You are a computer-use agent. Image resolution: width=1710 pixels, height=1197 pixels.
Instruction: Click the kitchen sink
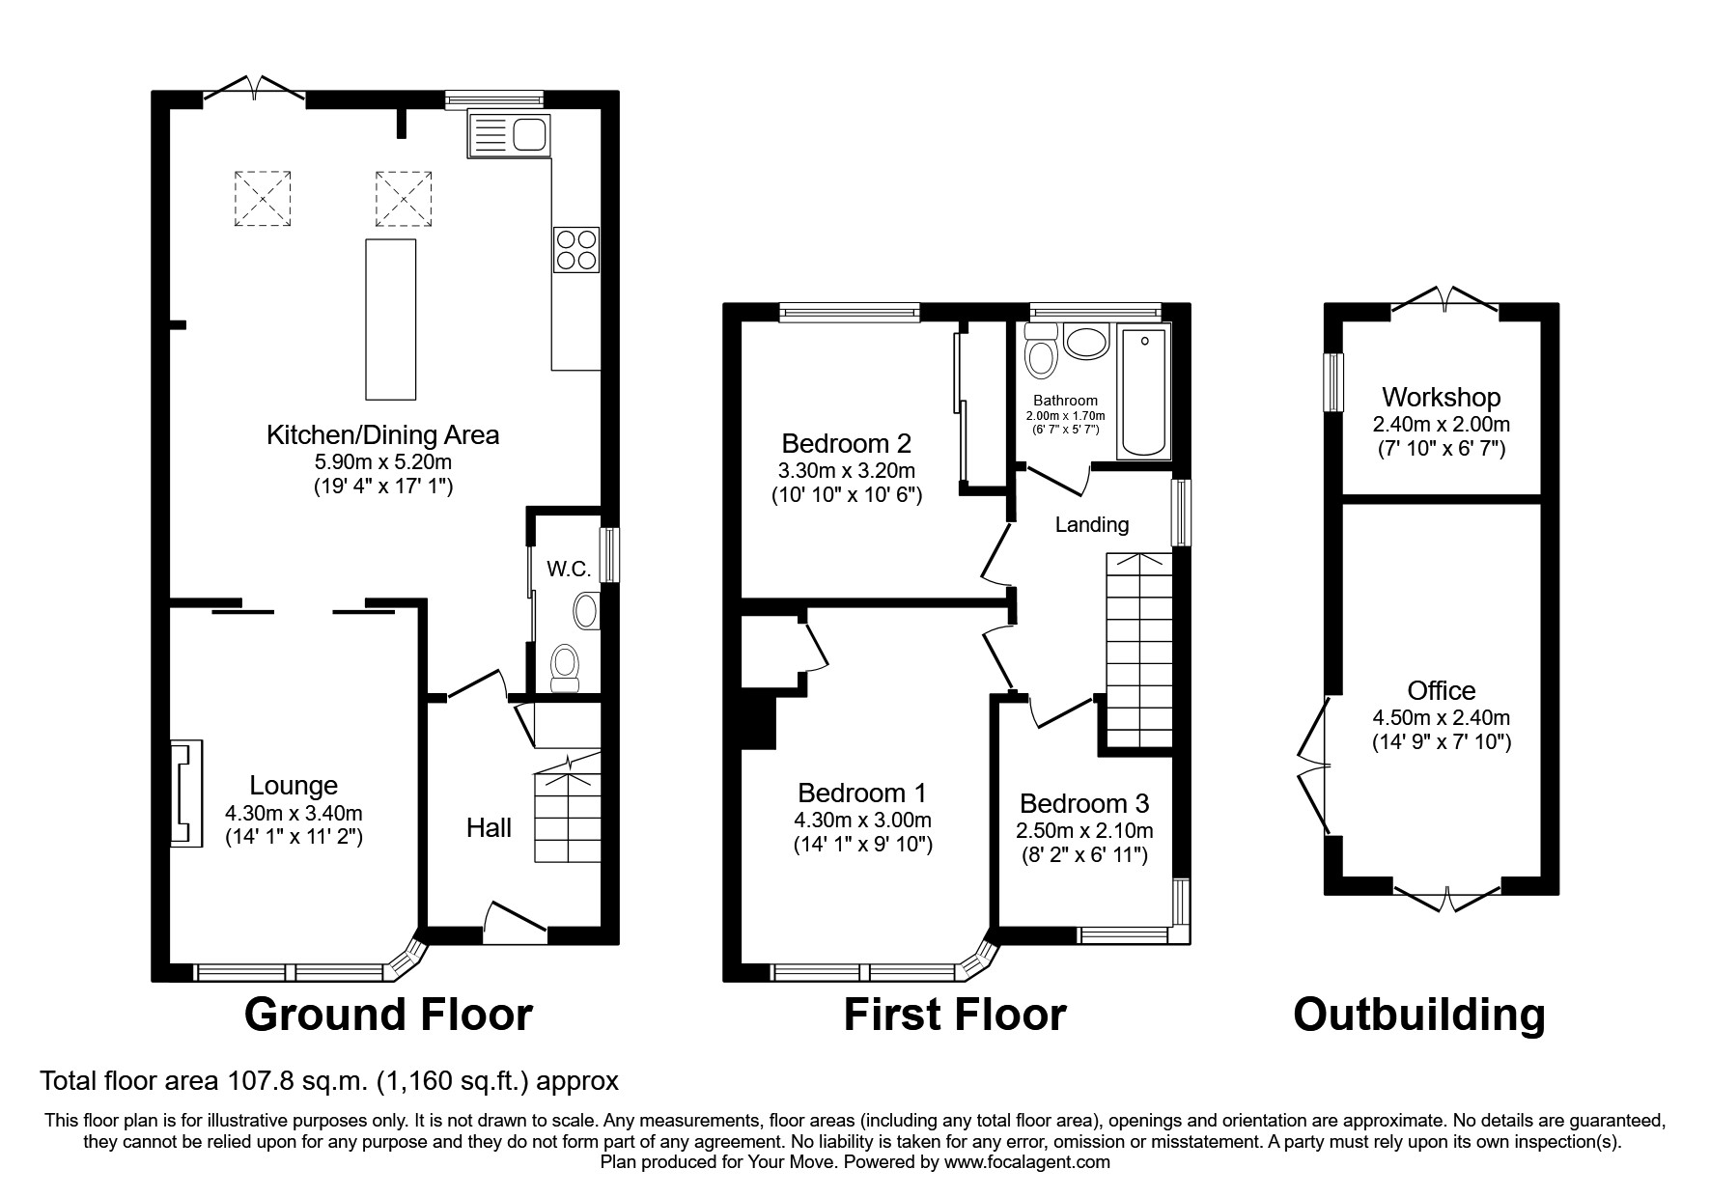pyautogui.click(x=508, y=133)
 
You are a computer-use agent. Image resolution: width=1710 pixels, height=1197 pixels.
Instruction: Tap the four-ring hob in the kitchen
pyautogui.click(x=575, y=249)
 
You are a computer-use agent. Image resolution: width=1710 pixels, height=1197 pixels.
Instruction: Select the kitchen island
pyautogui.click(x=391, y=319)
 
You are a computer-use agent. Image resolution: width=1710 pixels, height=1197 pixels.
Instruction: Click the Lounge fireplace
pyautogui.click(x=186, y=793)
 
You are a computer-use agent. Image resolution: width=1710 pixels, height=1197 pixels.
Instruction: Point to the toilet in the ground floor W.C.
pyautogui.click(x=563, y=669)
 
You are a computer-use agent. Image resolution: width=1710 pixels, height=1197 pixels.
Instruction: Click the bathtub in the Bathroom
pyautogui.click(x=1143, y=392)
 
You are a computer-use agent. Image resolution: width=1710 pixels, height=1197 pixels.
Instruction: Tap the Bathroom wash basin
pyautogui.click(x=1086, y=344)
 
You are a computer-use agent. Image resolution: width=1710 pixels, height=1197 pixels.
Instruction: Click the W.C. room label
pyautogui.click(x=569, y=570)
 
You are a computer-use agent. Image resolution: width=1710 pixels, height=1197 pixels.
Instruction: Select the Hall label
pyautogui.click(x=489, y=827)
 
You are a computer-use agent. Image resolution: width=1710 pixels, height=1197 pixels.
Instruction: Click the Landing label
pyautogui.click(x=1091, y=524)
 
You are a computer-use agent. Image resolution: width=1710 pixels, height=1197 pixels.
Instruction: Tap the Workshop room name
pyautogui.click(x=1441, y=397)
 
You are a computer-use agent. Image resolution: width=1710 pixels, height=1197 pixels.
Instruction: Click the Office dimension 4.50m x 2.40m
pyautogui.click(x=1441, y=717)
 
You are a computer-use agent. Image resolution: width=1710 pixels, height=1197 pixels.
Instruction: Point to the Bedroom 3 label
pyautogui.click(x=1084, y=803)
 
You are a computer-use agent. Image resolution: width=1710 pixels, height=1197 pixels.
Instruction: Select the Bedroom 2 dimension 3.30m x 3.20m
pyautogui.click(x=847, y=471)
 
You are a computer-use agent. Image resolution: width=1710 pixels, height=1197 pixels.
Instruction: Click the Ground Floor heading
pyautogui.click(x=388, y=1015)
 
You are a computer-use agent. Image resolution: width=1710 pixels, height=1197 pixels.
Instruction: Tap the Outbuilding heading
pyautogui.click(x=1419, y=1015)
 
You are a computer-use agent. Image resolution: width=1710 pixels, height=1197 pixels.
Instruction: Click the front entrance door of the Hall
pyautogui.click(x=515, y=922)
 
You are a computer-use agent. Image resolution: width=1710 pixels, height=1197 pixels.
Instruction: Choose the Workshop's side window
pyautogui.click(x=1333, y=382)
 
